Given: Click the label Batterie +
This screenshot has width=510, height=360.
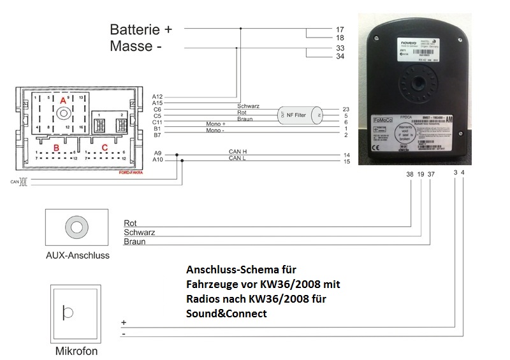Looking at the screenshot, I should coord(141,29).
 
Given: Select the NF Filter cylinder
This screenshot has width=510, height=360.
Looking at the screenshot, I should coord(300,115).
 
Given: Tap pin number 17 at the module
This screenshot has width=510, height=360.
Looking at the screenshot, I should coord(340,29).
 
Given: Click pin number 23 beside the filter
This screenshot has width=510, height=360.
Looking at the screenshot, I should coord(346,109).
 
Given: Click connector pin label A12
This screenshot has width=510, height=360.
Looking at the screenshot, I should coord(158,96).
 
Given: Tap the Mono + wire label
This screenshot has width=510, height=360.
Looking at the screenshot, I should coord(216,123).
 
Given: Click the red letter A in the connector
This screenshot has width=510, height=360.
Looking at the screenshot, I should coord(62,101).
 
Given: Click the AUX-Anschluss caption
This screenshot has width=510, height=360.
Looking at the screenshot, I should coord(78,256).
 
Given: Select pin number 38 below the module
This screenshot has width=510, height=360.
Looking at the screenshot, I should coord(409,173).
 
